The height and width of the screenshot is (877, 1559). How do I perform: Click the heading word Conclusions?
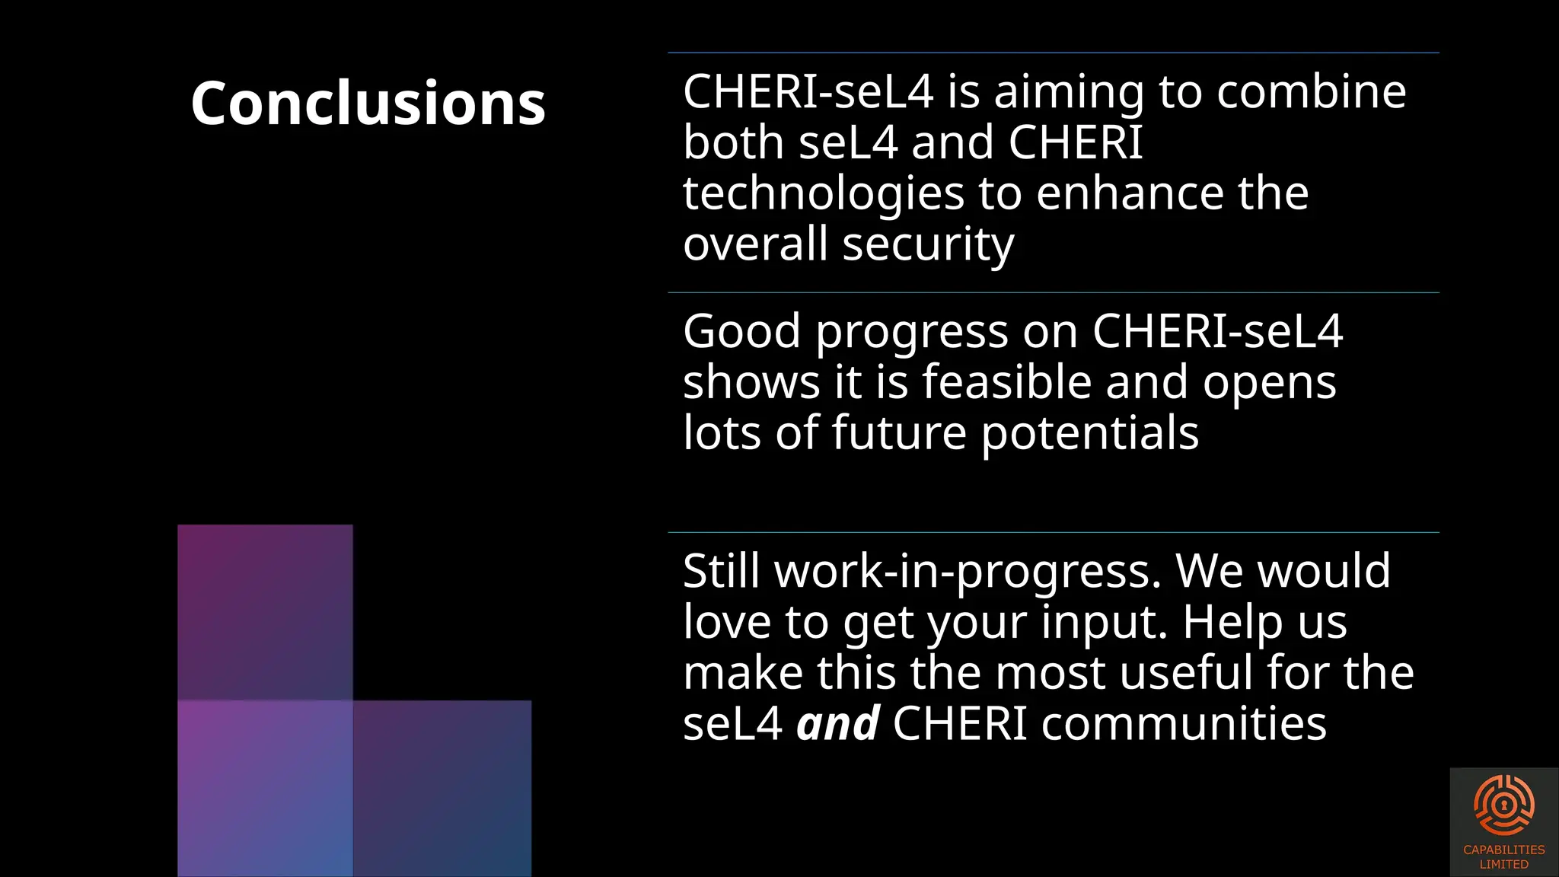[368, 104]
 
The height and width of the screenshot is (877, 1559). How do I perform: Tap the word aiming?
[1069, 94]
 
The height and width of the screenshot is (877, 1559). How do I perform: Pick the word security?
[928, 245]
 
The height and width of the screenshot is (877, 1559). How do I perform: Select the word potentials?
[1089, 434]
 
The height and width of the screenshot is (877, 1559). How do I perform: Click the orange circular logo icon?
[1503, 805]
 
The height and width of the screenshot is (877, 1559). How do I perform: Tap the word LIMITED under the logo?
[1503, 865]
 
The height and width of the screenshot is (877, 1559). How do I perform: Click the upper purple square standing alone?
[265, 612]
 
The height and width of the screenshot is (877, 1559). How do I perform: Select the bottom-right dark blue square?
[442, 788]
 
